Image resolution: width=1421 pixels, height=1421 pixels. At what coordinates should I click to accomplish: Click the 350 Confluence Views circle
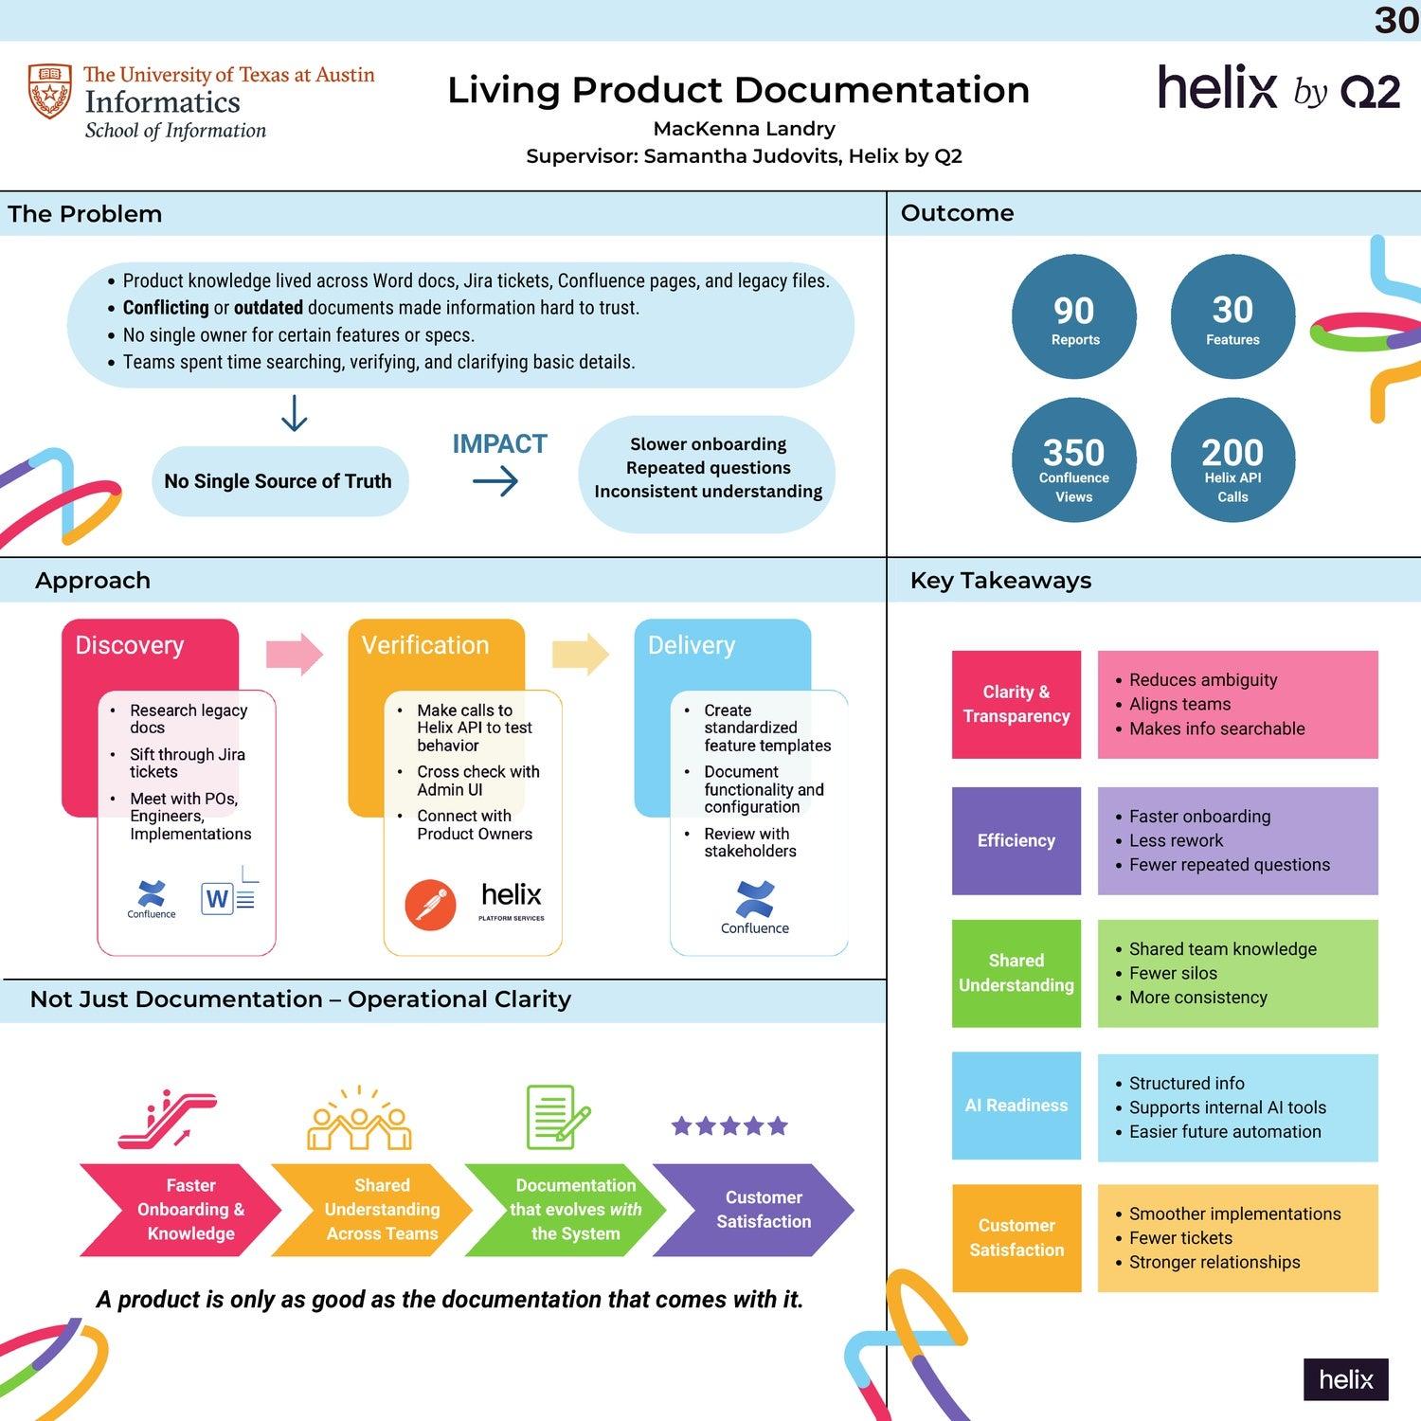pyautogui.click(x=1073, y=460)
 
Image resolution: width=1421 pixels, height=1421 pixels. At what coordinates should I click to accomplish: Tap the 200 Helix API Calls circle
pyautogui.click(x=1232, y=460)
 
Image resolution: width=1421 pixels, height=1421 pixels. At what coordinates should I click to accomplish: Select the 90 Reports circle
pyautogui.click(x=1073, y=317)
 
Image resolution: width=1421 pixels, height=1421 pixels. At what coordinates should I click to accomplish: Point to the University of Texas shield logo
pyautogui.click(x=49, y=91)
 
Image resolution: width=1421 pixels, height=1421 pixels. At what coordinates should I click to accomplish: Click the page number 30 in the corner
pyautogui.click(x=1395, y=20)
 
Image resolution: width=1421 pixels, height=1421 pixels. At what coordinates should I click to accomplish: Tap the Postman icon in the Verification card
pyautogui.click(x=430, y=905)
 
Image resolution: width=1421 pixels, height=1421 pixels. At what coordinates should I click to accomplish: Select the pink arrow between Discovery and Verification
pyautogui.click(x=295, y=654)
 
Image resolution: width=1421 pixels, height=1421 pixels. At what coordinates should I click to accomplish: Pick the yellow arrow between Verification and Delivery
pyautogui.click(x=581, y=654)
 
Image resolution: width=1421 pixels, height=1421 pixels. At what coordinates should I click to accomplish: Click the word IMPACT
pyautogui.click(x=499, y=443)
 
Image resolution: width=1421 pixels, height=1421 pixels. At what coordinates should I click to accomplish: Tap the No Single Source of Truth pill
pyautogui.click(x=279, y=481)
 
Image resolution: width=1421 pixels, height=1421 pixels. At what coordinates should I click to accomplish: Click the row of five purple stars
pyautogui.click(x=729, y=1125)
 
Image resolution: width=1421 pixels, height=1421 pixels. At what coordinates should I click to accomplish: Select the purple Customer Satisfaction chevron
pyautogui.click(x=758, y=1210)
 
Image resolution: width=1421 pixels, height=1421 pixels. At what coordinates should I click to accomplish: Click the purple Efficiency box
pyautogui.click(x=1016, y=840)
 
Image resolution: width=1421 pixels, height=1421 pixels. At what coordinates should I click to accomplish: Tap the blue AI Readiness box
pyautogui.click(x=1016, y=1106)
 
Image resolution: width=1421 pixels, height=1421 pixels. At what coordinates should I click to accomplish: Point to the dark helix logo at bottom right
pyautogui.click(x=1345, y=1379)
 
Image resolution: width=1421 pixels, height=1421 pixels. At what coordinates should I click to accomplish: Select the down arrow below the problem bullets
pyautogui.click(x=295, y=414)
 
